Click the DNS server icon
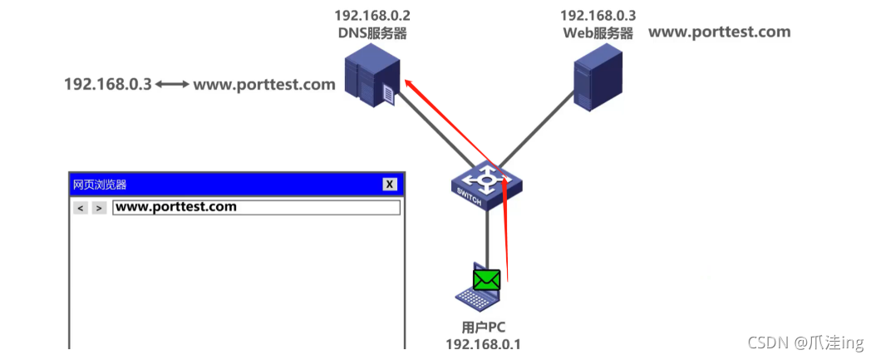click(x=371, y=77)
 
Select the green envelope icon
click(x=486, y=280)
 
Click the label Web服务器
click(x=598, y=33)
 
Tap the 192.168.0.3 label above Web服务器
click(x=598, y=16)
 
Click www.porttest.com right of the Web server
click(x=719, y=32)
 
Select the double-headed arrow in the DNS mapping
click(x=172, y=85)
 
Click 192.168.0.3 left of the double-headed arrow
click(x=108, y=85)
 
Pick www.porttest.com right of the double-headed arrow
click(x=264, y=85)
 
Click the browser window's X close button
click(x=390, y=185)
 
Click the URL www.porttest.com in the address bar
click(x=176, y=207)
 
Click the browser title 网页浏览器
click(x=100, y=185)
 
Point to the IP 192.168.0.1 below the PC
click(x=483, y=344)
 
